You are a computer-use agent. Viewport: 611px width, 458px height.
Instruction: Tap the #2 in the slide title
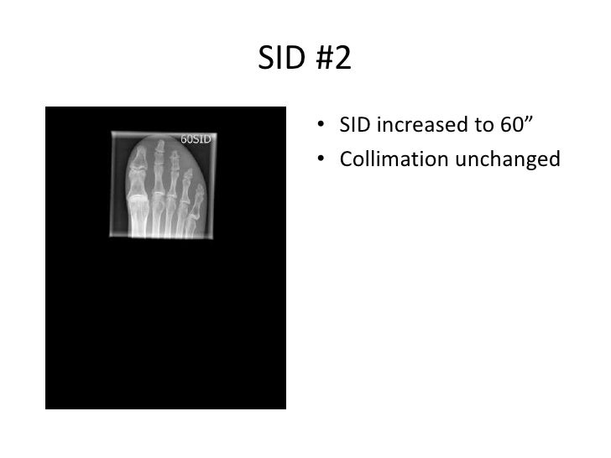coord(330,60)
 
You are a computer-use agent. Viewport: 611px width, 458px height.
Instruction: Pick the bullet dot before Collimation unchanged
coord(322,159)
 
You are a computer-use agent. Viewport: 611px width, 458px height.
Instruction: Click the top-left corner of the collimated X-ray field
coord(112,131)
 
